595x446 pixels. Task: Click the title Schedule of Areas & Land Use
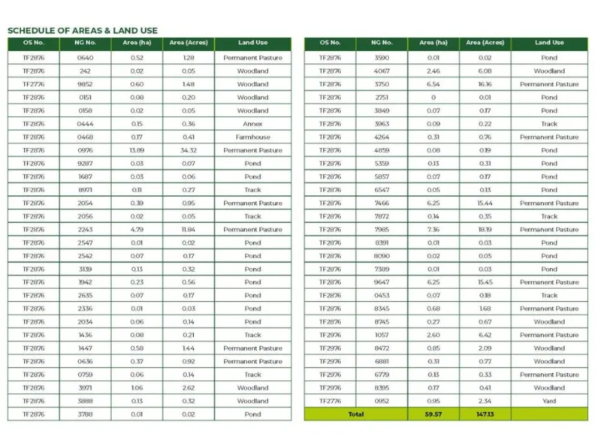click(82, 30)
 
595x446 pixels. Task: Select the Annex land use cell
click(253, 124)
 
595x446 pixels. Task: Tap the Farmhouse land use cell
click(253, 137)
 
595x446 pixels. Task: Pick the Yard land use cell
click(549, 401)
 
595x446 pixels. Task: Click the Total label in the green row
click(356, 414)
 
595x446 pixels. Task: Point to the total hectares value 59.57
click(433, 414)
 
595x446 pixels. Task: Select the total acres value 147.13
click(484, 414)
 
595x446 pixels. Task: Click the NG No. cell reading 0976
click(85, 150)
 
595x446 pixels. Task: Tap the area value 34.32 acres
click(188, 150)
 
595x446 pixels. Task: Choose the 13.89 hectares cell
click(137, 150)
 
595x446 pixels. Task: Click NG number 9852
click(85, 84)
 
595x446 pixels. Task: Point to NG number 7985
click(382, 229)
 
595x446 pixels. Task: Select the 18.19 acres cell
click(484, 229)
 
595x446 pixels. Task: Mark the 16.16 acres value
click(484, 84)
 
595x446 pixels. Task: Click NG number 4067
click(382, 71)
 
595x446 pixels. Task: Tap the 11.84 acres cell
click(188, 229)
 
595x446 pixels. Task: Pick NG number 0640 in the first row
click(85, 58)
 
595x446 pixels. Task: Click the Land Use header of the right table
click(549, 43)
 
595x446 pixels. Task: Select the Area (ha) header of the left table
click(137, 43)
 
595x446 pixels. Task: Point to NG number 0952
click(382, 401)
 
